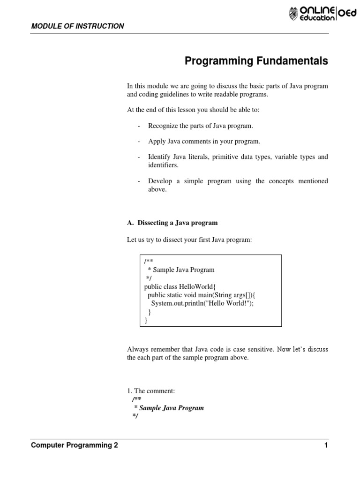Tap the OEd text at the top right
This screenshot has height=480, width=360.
348,14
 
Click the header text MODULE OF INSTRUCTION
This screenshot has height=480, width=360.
77,26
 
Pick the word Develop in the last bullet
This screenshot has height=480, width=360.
160,181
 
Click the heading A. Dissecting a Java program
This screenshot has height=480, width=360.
172,223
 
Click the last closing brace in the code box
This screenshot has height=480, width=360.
146,321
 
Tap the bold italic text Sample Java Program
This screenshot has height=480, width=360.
172,408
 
